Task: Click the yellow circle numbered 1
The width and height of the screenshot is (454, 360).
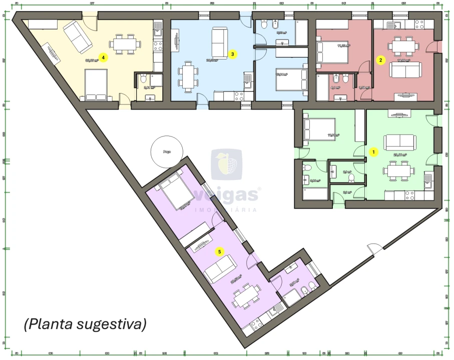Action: pyautogui.click(x=372, y=150)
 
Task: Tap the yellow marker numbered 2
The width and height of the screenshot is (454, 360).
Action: pyautogui.click(x=381, y=60)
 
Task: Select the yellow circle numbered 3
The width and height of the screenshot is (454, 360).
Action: pyautogui.click(x=232, y=53)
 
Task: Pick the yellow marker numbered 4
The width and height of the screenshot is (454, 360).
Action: pyautogui.click(x=103, y=57)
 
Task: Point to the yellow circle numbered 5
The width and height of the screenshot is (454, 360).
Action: pyautogui.click(x=219, y=251)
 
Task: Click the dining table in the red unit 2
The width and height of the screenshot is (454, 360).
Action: pyautogui.click(x=403, y=46)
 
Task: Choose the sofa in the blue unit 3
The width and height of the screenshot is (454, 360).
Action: pyautogui.click(x=219, y=42)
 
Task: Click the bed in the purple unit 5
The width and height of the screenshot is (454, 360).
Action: pyautogui.click(x=175, y=191)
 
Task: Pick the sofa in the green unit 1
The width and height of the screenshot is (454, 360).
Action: pyautogui.click(x=399, y=141)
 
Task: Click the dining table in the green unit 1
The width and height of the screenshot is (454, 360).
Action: pyautogui.click(x=399, y=170)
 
